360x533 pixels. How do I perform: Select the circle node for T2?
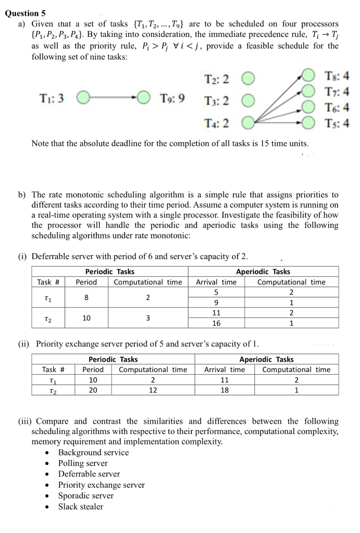pyautogui.click(x=247, y=80)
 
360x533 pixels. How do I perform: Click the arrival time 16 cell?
pyautogui.click(x=216, y=323)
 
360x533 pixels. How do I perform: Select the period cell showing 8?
pyautogui.click(x=86, y=298)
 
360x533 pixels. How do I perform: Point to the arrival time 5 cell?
pyautogui.click(x=216, y=293)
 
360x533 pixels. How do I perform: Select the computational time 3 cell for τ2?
pyautogui.click(x=148, y=318)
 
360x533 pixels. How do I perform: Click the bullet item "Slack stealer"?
pyautogui.click(x=80, y=506)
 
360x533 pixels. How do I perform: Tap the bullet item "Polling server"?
pyautogui.click(x=83, y=463)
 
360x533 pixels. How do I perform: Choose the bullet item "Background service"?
pyautogui.click(x=93, y=452)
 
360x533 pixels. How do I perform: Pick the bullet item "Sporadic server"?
pyautogui.click(x=85, y=496)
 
